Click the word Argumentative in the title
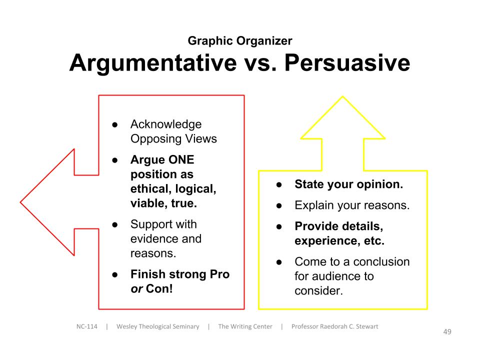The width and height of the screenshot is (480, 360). point(153,63)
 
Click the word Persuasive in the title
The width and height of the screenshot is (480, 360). point(347,62)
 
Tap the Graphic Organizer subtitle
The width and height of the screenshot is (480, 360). point(240,40)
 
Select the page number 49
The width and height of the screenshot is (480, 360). point(447,331)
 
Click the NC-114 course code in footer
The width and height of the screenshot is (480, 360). point(87,326)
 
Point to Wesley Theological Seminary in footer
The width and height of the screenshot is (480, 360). point(158,326)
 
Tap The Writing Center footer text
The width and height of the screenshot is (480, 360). point(245,326)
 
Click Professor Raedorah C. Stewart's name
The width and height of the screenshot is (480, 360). point(335,326)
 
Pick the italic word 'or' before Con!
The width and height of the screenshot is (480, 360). point(136,289)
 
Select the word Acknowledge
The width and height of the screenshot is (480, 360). point(166,124)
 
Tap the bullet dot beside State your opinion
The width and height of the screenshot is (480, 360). point(279,184)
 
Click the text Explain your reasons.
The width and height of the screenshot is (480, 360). point(352,205)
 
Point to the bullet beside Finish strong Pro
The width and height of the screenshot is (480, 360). point(115,274)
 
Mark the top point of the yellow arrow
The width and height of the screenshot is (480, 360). point(342,97)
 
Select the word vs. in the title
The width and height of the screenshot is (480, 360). point(260,63)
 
